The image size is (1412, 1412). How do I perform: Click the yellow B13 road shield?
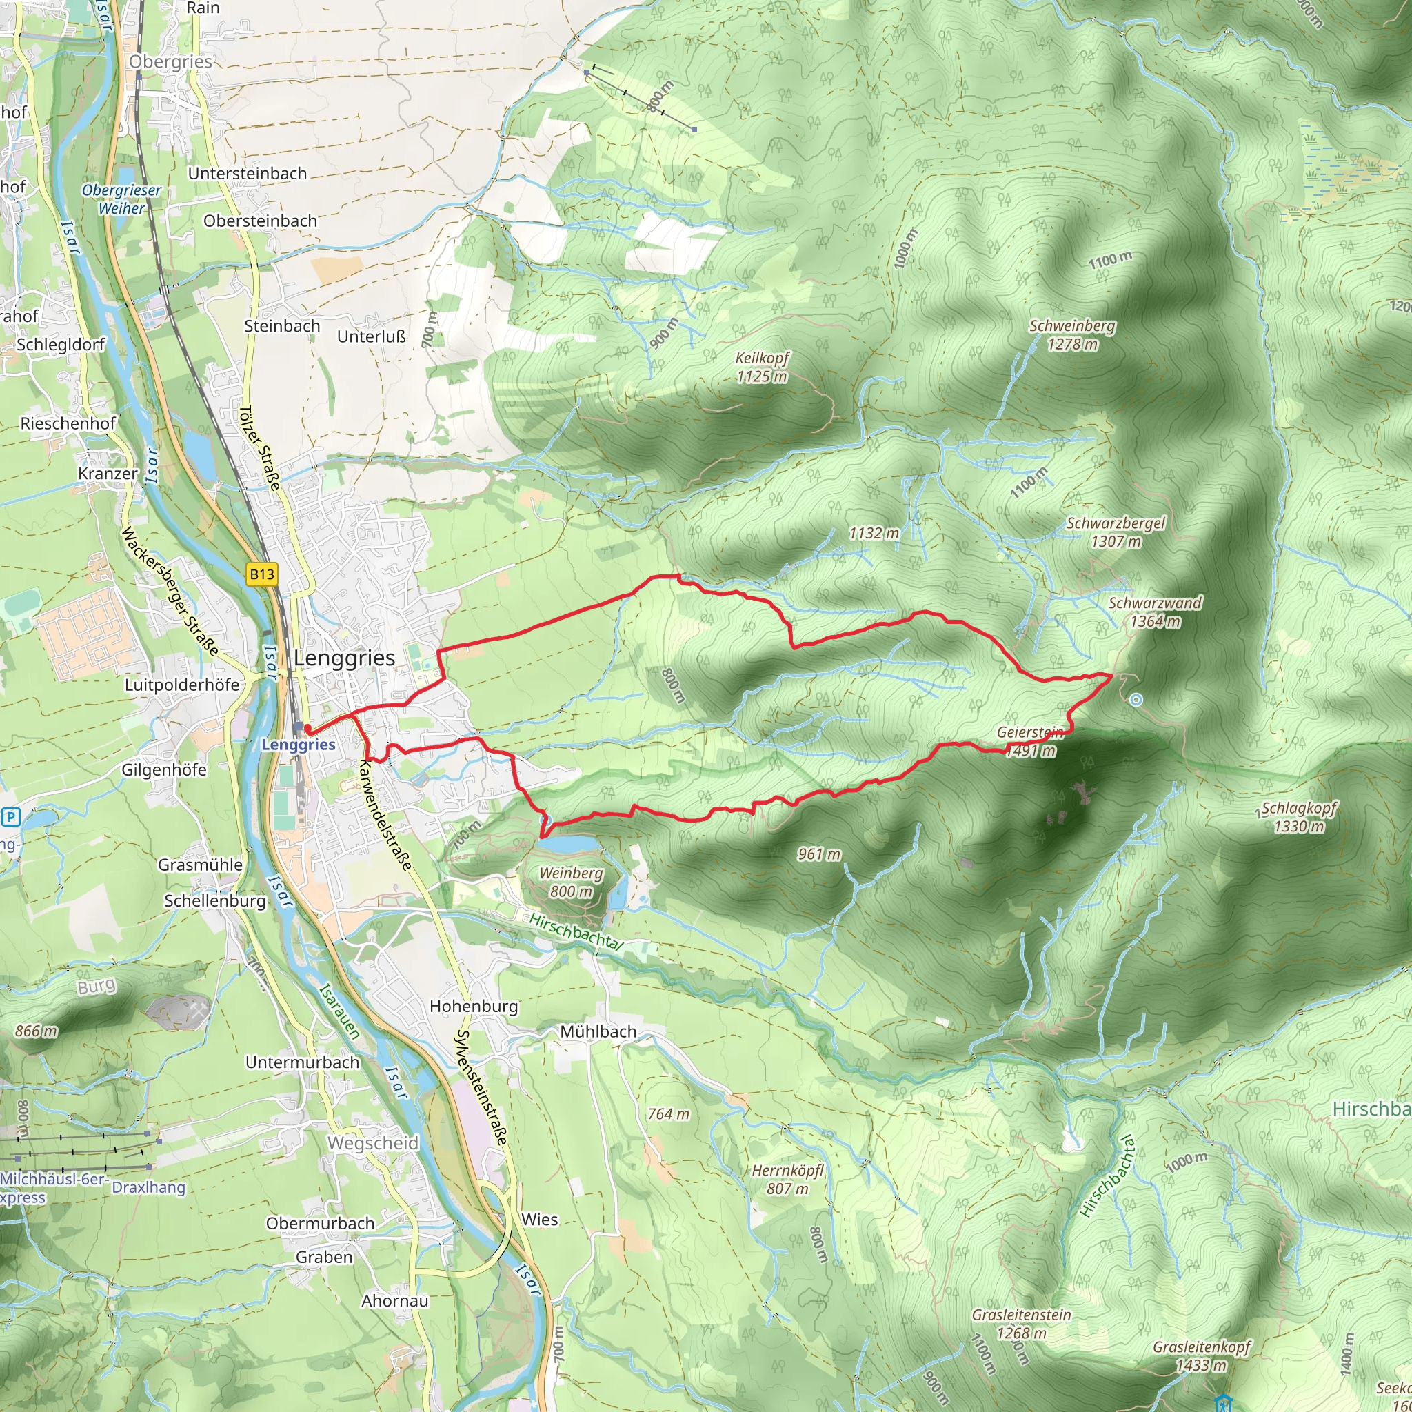pos(261,574)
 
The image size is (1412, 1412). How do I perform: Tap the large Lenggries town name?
pos(344,658)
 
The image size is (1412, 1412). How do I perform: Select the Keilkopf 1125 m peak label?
pos(762,367)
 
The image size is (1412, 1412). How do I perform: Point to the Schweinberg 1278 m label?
pos(1072,334)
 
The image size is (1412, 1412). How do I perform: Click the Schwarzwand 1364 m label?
pos(1155,612)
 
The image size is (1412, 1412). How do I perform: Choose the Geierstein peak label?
pos(1030,732)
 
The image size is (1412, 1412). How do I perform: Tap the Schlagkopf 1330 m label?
pos(1299,817)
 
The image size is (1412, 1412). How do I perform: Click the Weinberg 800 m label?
pos(571,882)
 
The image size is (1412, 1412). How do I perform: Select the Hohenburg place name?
pos(474,1007)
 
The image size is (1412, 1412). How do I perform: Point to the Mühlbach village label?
pos(598,1032)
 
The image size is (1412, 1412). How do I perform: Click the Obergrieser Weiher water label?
pos(121,199)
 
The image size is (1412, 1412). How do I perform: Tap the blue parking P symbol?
pos(11,816)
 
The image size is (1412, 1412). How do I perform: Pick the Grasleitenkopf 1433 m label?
pos(1202,1355)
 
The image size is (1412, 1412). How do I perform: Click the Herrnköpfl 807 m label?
pos(787,1180)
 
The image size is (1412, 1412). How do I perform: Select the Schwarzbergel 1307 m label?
pos(1116,532)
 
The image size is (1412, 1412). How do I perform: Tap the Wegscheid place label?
pos(373,1143)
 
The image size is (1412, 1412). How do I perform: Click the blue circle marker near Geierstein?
pos(1136,700)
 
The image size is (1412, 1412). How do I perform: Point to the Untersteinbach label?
pos(247,173)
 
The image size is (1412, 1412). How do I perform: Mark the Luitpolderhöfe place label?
pos(182,685)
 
